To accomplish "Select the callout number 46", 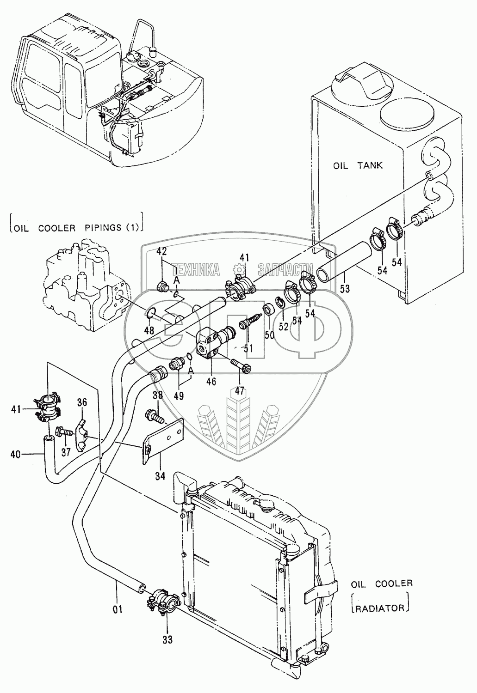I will tap(211, 382).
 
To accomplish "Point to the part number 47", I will tap(239, 390).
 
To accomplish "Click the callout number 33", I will tap(167, 639).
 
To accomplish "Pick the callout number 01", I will tap(118, 609).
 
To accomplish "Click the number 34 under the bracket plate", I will tap(160, 475).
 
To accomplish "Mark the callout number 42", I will tap(161, 252).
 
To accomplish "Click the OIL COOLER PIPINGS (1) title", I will tap(76, 227).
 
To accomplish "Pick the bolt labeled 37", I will tap(63, 432).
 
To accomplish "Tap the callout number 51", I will tap(248, 348).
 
